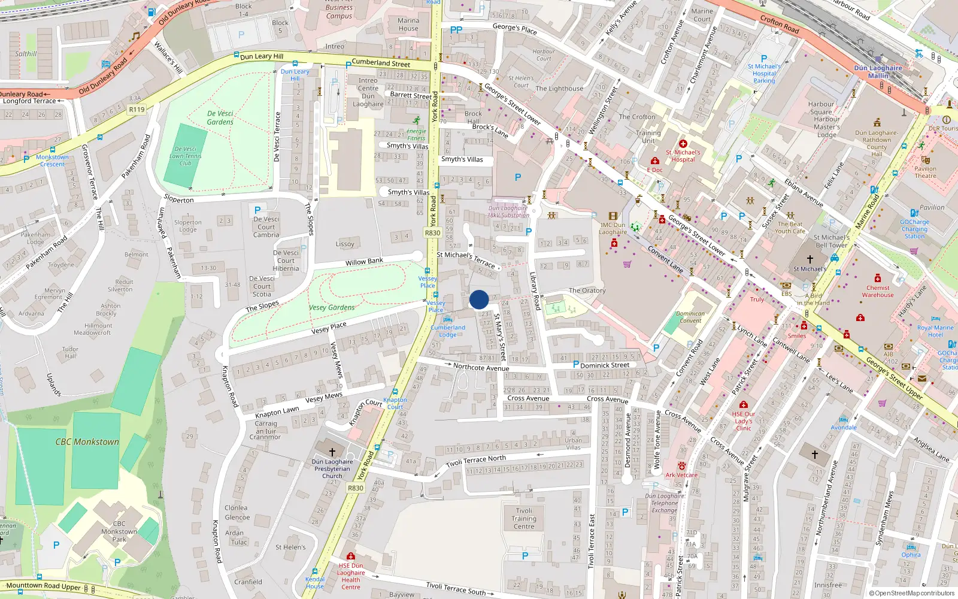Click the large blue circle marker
coord(479,299)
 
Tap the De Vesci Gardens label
coord(220,117)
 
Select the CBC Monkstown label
coord(87,442)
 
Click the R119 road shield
coord(137,110)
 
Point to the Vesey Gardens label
coord(332,307)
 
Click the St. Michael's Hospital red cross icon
coord(683,144)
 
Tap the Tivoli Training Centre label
coord(524,519)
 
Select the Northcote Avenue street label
coord(481,367)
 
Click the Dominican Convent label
coord(690,317)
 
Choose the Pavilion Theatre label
coord(925,172)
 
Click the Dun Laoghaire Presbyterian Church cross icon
coord(332,452)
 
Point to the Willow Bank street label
coord(364,262)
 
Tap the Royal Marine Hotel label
coord(935,331)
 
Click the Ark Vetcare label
coord(681,475)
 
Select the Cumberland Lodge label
coord(448,331)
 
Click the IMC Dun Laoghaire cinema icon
coord(613,216)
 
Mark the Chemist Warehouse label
coord(878,291)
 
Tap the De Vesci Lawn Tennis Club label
coord(186,156)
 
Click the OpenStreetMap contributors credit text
coord(911,593)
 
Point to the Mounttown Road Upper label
coord(43,586)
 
